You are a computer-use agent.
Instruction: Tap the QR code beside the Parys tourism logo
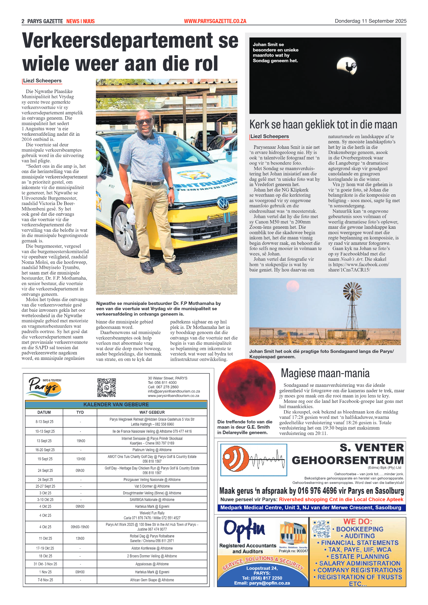pyautogui.click(x=106, y=387)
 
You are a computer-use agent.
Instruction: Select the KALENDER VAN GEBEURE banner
pyautogui.click(x=116, y=405)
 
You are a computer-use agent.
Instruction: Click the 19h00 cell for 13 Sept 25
pyautogui.click(x=81, y=441)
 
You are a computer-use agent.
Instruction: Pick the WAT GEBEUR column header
pyautogui.click(x=152, y=412)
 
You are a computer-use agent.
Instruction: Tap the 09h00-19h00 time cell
pyautogui.click(x=80, y=527)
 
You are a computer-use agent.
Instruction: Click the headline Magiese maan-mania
pyautogui.click(x=325, y=373)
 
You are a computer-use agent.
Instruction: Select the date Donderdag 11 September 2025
pyautogui.click(x=370, y=21)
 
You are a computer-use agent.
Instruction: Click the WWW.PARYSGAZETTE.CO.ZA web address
pyautogui.click(x=215, y=21)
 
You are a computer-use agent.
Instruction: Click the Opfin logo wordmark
pyautogui.click(x=244, y=530)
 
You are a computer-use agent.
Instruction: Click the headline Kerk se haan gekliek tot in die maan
pyautogui.click(x=323, y=125)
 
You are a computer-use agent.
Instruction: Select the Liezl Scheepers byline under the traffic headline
pyautogui.click(x=42, y=81)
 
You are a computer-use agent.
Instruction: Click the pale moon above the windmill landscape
pyautogui.click(x=293, y=286)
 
